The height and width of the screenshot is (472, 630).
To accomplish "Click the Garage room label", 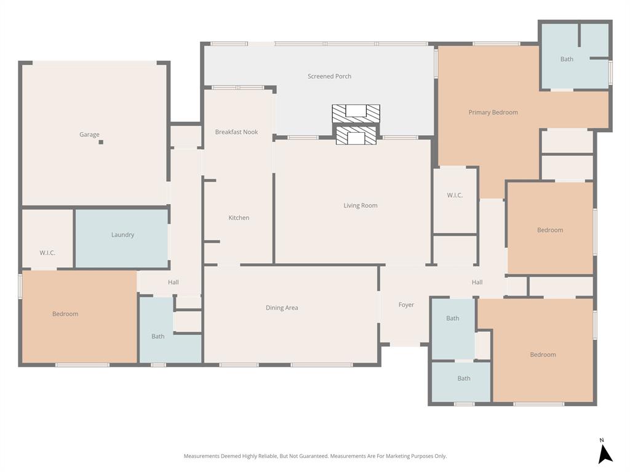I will click(x=89, y=135).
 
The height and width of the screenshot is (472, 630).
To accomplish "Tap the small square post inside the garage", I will click(x=101, y=142).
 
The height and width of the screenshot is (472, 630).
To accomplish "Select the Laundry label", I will click(x=122, y=235).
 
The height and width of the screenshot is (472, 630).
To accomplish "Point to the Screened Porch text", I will click(x=329, y=76).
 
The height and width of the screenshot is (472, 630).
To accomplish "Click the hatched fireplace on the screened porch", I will click(x=356, y=113).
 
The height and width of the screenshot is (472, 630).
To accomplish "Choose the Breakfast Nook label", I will click(x=236, y=132).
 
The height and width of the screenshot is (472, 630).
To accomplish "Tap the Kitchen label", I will click(x=239, y=218).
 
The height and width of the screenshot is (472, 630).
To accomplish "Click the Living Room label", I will click(x=361, y=205).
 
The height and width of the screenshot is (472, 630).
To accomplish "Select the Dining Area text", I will click(x=282, y=308).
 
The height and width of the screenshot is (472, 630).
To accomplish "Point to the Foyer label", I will click(x=406, y=305).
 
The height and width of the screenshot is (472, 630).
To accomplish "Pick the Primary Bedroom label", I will click(x=493, y=112).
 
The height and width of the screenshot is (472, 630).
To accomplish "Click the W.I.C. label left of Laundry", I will click(x=47, y=253).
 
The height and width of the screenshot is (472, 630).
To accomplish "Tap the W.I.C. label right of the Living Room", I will click(x=455, y=195).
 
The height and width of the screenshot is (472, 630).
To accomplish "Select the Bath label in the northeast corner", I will click(x=567, y=59).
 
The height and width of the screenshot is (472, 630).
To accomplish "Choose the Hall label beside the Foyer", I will click(x=477, y=282).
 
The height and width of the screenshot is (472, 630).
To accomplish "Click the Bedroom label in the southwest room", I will click(x=65, y=314).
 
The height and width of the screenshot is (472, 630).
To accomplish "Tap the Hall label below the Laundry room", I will click(x=173, y=282).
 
